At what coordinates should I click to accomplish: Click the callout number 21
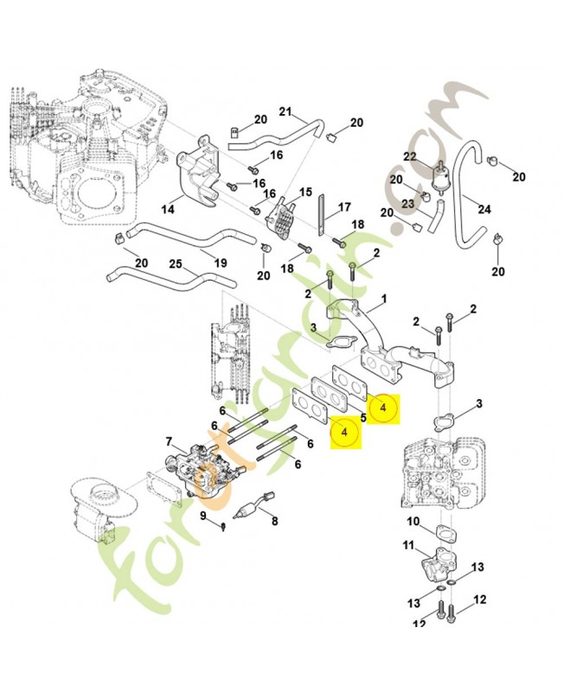click(286, 110)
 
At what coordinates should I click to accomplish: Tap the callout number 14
click(167, 210)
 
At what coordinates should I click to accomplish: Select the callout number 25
click(176, 264)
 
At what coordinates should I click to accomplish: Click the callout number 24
click(484, 208)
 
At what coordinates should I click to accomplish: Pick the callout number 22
click(410, 156)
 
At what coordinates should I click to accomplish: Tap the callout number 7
click(170, 441)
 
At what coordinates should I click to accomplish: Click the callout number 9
click(204, 516)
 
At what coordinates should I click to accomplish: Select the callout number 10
click(413, 521)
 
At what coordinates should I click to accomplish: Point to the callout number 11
click(408, 545)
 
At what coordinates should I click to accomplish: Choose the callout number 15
click(304, 191)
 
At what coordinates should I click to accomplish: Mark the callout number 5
click(363, 417)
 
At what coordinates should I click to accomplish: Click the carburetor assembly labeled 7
click(203, 466)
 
